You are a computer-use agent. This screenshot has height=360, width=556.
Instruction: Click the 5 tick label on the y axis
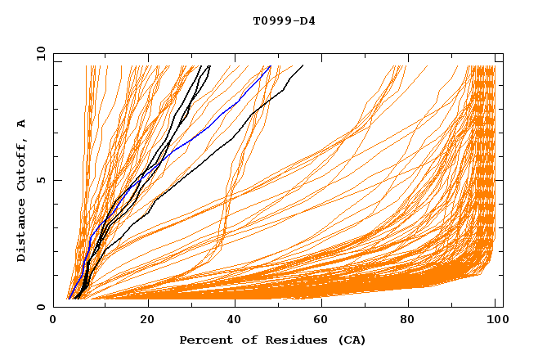tap(41, 180)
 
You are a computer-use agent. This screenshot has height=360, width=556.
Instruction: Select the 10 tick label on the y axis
tap(38, 53)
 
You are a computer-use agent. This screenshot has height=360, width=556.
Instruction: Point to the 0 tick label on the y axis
tap(41, 307)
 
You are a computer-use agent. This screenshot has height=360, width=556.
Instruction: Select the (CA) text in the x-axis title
tap(352, 340)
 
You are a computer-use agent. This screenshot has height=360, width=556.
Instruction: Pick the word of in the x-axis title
tap(245, 340)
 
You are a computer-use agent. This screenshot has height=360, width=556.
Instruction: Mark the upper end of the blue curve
tap(271, 66)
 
